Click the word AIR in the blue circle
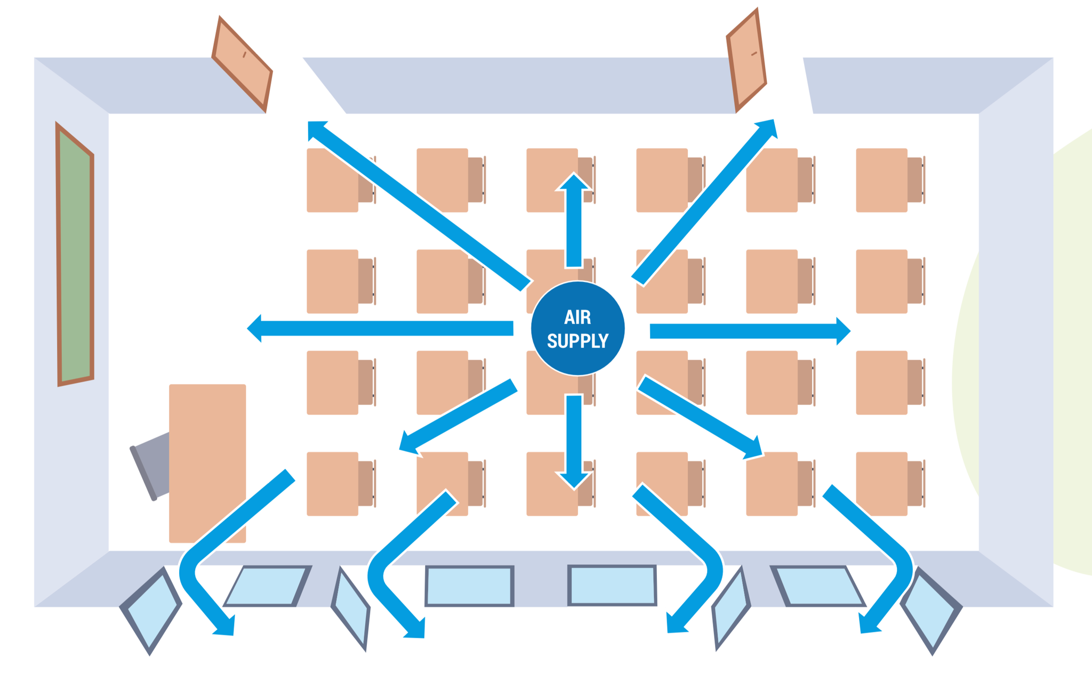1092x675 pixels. point(577,318)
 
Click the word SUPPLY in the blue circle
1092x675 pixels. point(577,341)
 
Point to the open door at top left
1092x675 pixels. point(243,64)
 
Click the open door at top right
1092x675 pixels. point(746,60)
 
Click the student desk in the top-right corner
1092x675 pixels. point(881,180)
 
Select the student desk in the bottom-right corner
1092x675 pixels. point(881,484)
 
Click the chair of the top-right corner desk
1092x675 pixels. point(915,180)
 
